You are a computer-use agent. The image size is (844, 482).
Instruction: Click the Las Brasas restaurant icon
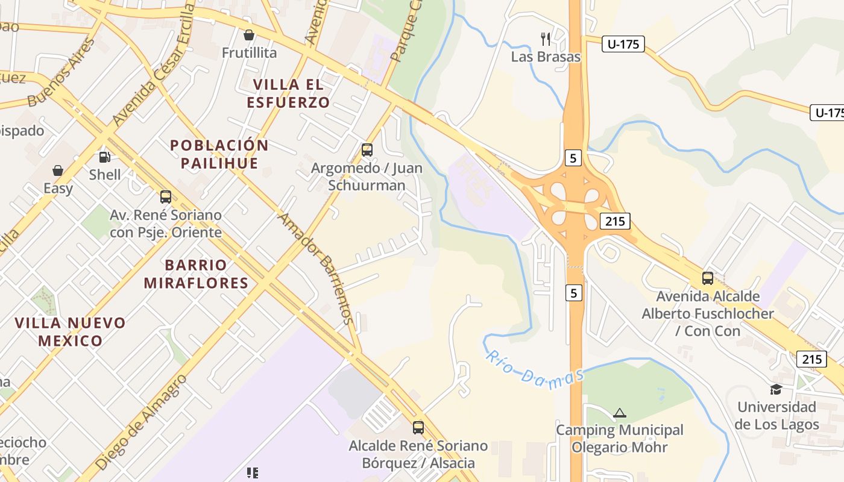point(546,40)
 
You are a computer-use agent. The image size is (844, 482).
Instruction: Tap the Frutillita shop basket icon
point(248,36)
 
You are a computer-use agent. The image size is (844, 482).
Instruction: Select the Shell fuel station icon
point(105,158)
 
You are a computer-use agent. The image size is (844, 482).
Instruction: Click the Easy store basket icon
point(58,171)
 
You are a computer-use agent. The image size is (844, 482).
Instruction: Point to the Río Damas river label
point(534,370)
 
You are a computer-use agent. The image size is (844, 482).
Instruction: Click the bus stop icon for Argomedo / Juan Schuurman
point(367,150)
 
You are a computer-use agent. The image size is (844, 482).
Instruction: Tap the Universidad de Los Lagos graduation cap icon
point(776,390)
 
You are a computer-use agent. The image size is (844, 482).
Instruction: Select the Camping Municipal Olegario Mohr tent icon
point(619,413)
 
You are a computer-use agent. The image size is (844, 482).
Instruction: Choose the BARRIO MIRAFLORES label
point(197,274)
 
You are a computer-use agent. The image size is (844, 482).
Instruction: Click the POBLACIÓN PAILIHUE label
point(219,154)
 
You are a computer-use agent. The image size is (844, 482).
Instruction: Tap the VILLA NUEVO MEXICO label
point(71,331)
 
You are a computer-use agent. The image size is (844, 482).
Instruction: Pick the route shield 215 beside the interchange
point(615,221)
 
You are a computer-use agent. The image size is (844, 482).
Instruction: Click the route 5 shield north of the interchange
point(573,158)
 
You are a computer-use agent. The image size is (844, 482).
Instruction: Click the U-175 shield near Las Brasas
point(623,44)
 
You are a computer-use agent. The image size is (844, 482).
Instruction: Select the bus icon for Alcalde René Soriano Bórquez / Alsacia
point(418,428)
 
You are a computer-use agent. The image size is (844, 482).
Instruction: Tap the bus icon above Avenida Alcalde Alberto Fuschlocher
point(707,278)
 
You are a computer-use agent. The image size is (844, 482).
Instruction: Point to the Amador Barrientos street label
point(315,268)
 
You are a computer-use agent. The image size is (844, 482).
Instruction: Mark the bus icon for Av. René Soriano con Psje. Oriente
point(165,197)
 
